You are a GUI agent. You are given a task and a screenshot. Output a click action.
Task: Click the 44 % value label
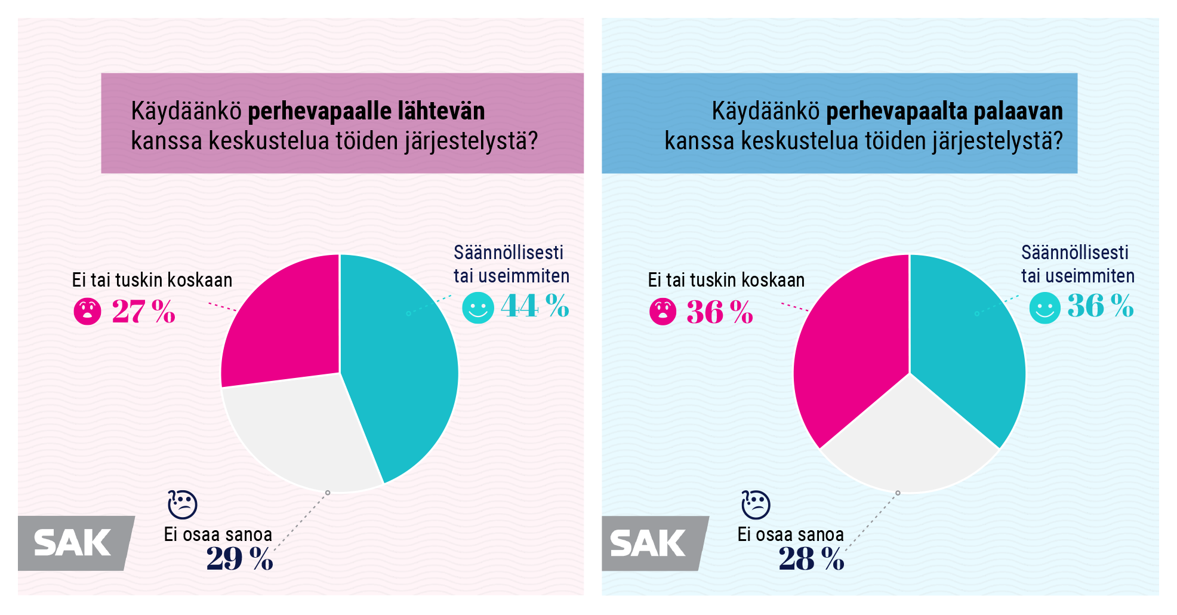pos(534,306)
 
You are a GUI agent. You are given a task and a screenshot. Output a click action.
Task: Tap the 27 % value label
pos(143,312)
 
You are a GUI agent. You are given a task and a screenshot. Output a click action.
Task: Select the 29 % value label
pos(239,559)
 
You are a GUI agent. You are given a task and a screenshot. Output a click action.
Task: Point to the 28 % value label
pos(811,559)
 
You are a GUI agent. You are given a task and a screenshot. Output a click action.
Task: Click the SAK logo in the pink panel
pos(73,543)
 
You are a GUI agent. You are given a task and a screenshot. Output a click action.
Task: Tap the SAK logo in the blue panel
pos(649,543)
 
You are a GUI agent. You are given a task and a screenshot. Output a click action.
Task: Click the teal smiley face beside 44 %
pos(478,307)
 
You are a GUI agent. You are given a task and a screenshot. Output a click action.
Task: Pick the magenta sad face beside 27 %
pos(88,311)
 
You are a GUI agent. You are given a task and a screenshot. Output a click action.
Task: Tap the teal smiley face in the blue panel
pos(1045,307)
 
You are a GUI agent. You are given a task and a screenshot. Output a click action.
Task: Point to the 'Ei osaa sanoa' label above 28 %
pos(790,534)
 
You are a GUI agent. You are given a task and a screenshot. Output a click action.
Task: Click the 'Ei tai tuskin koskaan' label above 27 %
pos(152,280)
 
